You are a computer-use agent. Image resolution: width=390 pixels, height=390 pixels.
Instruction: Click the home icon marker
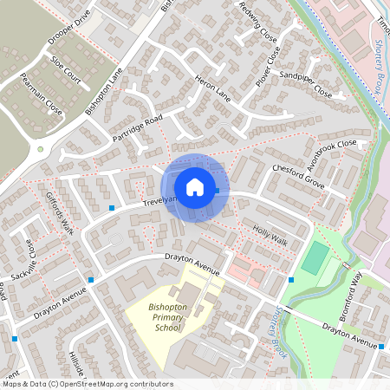[195, 186]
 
